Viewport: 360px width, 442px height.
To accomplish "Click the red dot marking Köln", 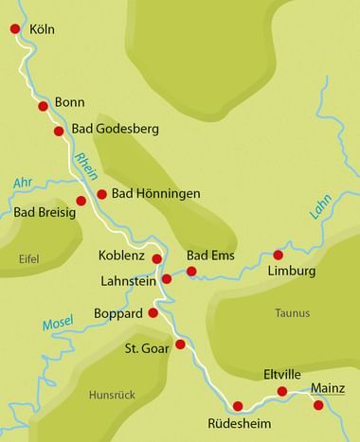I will coord(14,29).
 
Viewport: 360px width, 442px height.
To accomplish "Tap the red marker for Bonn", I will coord(43,106).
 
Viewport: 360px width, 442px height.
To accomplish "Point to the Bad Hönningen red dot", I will coord(101,194).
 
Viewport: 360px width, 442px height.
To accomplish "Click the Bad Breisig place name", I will coord(45,212).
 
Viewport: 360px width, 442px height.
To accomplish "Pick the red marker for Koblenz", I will coord(157,258).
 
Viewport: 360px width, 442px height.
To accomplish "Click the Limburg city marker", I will coord(278,255).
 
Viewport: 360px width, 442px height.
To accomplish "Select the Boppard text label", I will coord(117,312).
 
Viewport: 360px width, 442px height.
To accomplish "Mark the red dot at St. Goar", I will coord(180,344).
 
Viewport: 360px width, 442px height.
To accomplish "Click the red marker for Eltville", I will coord(281,391).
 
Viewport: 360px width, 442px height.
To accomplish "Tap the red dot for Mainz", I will coord(318,405).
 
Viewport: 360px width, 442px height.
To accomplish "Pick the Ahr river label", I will coord(24,183).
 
